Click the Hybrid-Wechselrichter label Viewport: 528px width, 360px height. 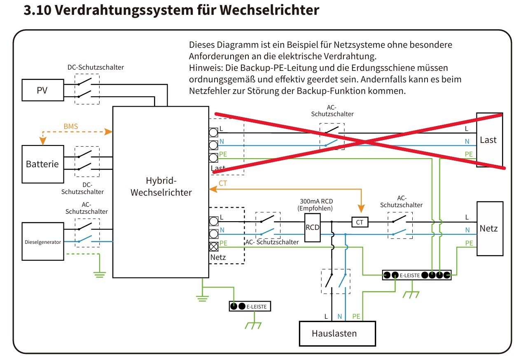[x=161, y=187]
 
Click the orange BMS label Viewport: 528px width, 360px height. [x=71, y=126]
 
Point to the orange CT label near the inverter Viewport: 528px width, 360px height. [x=223, y=183]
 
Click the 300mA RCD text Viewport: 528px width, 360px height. [x=316, y=201]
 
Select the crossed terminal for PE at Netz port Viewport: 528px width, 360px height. [x=214, y=247]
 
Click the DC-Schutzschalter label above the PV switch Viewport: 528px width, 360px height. [x=96, y=68]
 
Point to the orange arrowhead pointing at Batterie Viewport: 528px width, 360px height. [x=43, y=141]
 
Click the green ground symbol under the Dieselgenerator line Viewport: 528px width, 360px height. [x=100, y=275]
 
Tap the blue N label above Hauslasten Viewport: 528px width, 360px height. [x=340, y=316]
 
